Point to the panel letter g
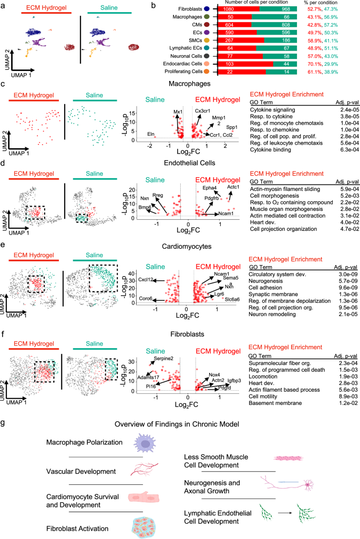click(5, 407)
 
